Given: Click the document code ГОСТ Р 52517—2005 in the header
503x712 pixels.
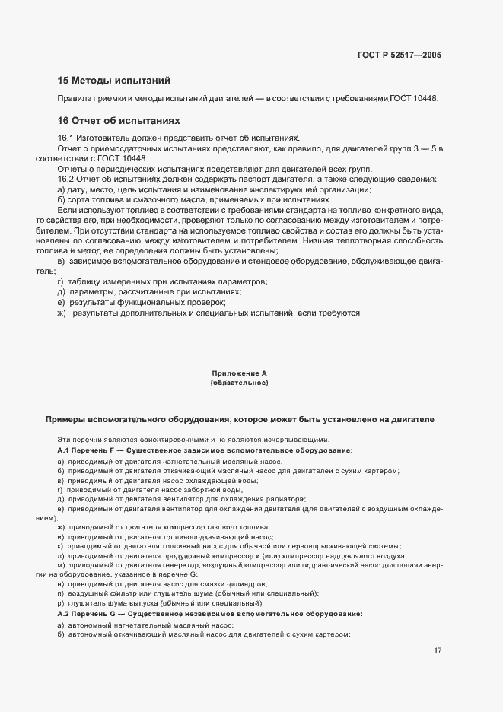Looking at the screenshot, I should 399,55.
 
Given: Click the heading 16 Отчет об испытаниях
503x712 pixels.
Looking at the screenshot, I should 119,120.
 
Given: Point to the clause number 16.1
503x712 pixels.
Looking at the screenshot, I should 65,138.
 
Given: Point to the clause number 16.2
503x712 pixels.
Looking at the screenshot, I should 65,180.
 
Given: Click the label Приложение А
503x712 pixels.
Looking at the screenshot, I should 239,373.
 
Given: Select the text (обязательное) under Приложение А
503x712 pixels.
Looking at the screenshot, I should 239,383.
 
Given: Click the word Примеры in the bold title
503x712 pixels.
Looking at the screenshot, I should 68,420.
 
